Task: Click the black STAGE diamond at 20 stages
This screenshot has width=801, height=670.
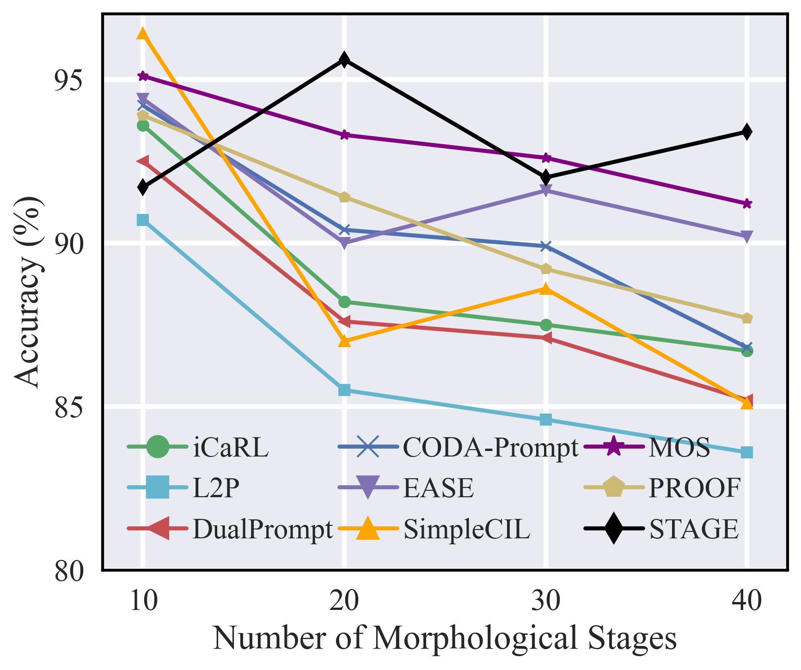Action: click(x=344, y=60)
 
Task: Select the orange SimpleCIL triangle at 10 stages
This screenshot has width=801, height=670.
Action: click(x=143, y=34)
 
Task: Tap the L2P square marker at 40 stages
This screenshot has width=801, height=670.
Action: click(x=747, y=452)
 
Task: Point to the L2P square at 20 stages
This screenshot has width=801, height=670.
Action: click(x=344, y=390)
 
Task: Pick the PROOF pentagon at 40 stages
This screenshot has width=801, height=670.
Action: click(x=747, y=318)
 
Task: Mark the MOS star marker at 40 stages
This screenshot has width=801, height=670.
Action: click(x=747, y=204)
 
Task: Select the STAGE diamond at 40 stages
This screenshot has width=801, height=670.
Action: click(x=747, y=132)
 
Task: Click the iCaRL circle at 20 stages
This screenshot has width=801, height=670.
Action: click(x=344, y=302)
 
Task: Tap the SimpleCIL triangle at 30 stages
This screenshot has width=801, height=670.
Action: click(x=546, y=289)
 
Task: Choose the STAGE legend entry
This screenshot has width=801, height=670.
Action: click(x=693, y=529)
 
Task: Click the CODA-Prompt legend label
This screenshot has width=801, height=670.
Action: click(x=490, y=447)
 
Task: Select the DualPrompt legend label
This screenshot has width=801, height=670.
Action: click(x=263, y=529)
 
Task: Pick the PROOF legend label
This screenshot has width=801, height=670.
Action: click(x=695, y=487)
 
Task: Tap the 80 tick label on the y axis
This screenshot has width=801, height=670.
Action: click(x=69, y=572)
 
